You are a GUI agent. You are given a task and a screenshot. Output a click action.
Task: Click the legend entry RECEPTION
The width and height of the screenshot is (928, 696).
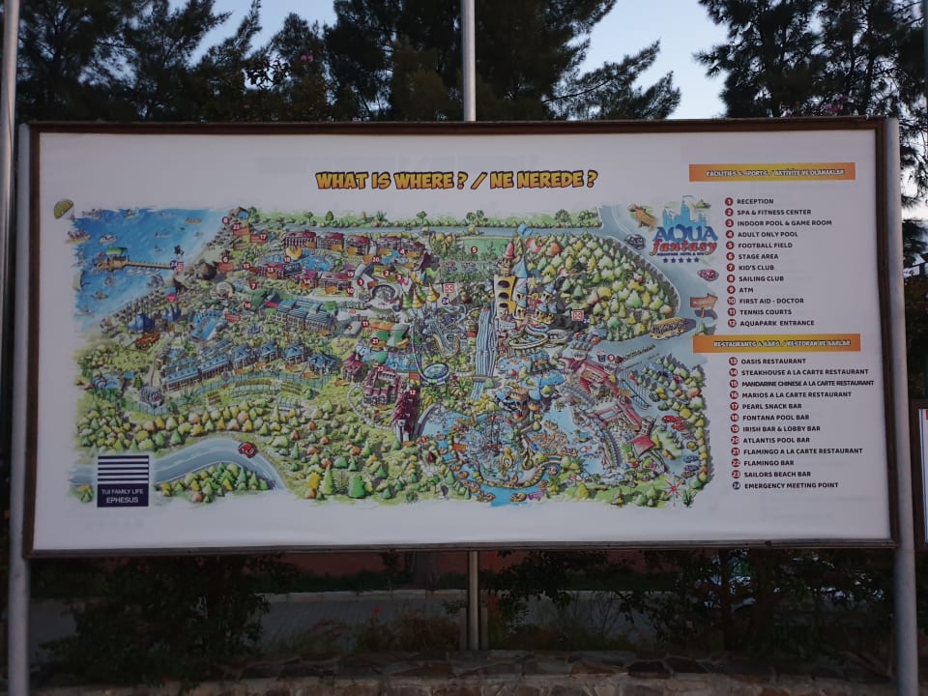click(754, 201)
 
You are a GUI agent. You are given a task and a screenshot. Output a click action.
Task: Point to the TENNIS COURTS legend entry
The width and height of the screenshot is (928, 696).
click(766, 311)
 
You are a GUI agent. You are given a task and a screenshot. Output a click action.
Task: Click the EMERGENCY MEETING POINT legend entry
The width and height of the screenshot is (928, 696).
click(790, 485)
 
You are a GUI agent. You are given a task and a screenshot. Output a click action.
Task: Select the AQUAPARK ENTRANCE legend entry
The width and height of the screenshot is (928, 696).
click(775, 323)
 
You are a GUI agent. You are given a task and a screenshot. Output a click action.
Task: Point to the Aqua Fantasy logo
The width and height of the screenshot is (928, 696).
click(684, 231)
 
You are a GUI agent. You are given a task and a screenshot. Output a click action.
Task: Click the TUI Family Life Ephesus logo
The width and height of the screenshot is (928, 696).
click(123, 480)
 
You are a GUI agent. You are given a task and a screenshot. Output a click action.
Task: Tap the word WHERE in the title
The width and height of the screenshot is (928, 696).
click(423, 180)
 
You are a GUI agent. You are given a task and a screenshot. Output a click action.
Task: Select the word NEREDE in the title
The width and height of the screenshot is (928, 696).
click(549, 179)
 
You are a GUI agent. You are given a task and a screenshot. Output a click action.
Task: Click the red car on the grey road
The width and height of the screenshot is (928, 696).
click(246, 449)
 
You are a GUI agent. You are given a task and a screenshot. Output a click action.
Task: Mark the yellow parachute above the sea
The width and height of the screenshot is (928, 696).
click(63, 208)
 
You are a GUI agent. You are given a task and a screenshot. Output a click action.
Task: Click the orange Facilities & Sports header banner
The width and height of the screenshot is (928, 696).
click(771, 172)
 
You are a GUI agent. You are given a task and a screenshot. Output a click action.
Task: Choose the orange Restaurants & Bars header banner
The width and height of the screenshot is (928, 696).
click(776, 343)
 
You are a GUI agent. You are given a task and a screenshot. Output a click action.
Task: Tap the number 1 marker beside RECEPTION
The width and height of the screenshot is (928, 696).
click(729, 201)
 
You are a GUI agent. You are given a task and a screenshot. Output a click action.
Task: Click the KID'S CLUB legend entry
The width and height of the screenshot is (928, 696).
click(757, 267)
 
